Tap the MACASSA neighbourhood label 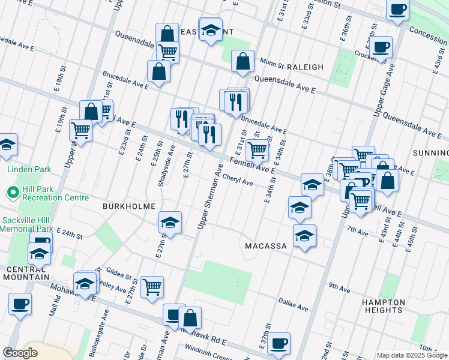click(x=268, y=246)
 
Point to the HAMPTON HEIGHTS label click(x=383, y=306)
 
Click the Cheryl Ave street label click(x=238, y=179)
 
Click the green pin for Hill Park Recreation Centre click(x=12, y=193)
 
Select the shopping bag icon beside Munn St click(x=243, y=62)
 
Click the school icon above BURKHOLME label click(x=170, y=223)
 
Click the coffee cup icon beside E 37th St click(x=279, y=343)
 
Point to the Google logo click(x=20, y=353)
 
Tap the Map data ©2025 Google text click(x=412, y=355)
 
